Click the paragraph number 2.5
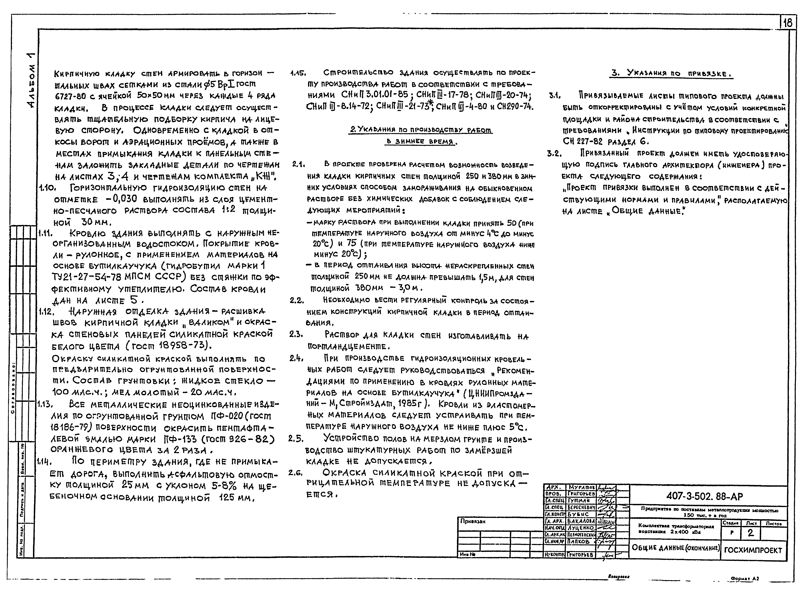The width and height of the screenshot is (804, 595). (x=296, y=439)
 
